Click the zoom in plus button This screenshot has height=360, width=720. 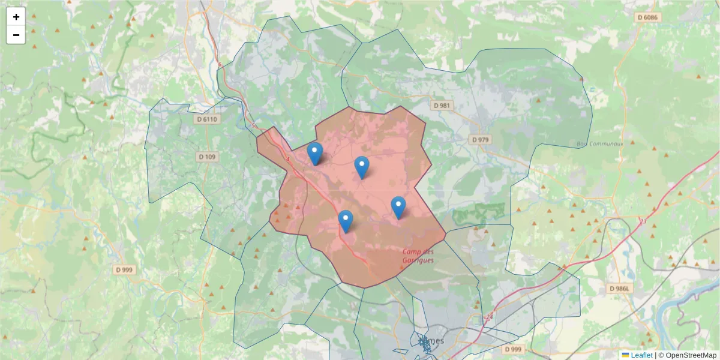[x=16, y=17]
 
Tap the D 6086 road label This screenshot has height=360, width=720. [x=647, y=17]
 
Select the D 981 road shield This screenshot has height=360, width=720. [x=441, y=106]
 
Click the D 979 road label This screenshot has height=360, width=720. [x=480, y=139]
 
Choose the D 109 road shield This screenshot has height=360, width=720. [x=208, y=157]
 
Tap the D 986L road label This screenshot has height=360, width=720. [x=620, y=289]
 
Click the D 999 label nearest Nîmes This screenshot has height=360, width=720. [x=513, y=349]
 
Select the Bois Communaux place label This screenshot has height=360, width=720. [x=600, y=144]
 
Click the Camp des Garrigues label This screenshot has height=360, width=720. [x=418, y=256]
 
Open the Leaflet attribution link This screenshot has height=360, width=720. [x=641, y=355]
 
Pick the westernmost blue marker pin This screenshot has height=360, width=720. [x=314, y=154]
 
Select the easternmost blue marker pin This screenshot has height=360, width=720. [x=398, y=207]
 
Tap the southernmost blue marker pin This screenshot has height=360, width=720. [x=345, y=221]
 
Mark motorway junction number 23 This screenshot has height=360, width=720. [x=643, y=221]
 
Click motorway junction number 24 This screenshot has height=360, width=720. [x=490, y=316]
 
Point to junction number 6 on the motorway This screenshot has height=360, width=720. [x=220, y=64]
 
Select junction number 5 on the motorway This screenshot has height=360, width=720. [x=254, y=126]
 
